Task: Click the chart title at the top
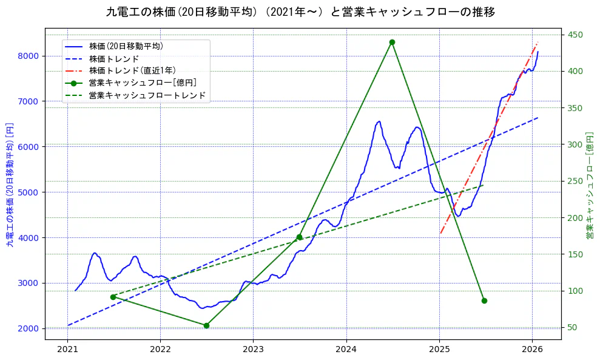300,12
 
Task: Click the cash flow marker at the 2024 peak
392,42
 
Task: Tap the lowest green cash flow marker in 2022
206,325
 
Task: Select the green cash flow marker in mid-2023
299,237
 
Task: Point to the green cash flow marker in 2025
484,301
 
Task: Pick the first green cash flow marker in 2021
113,297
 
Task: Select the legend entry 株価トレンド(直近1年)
130,70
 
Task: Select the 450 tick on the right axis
573,35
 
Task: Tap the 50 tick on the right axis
571,328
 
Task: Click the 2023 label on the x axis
253,350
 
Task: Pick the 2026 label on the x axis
532,350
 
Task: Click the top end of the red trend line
538,42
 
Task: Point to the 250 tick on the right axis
573,181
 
